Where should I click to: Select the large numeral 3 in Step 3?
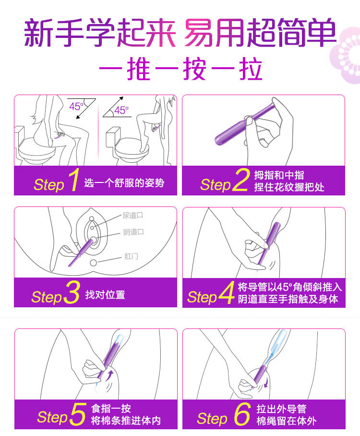point(71,294)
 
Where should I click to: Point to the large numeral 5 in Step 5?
point(77,414)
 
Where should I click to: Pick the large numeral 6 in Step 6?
point(242,414)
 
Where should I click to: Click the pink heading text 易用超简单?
point(260,34)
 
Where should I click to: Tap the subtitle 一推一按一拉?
point(180,70)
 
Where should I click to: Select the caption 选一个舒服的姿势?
point(124,182)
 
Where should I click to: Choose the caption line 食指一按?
point(111,409)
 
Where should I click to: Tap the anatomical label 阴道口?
point(133,232)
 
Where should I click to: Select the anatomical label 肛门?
point(131,257)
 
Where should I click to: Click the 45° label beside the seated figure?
point(76,107)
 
